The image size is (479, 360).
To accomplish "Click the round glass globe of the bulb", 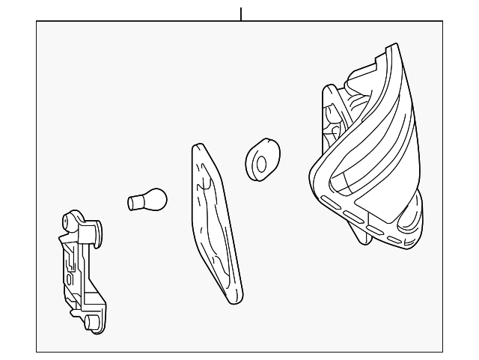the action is pyautogui.click(x=156, y=199).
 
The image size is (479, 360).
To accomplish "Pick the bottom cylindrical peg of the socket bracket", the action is pyautogui.click(x=91, y=323).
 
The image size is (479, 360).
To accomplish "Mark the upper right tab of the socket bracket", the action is pyautogui.click(x=97, y=229).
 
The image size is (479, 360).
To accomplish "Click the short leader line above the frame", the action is pyautogui.click(x=241, y=13).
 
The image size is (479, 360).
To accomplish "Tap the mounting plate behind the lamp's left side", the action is pyautogui.click(x=329, y=120).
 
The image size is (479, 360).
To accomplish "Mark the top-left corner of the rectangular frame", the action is pyautogui.click(x=37, y=22).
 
